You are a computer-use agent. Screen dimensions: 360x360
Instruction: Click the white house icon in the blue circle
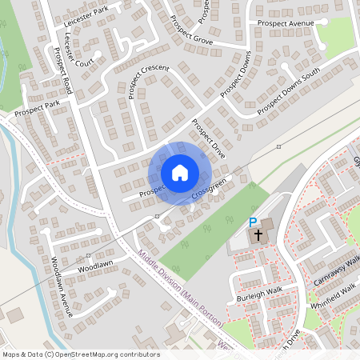[179, 173]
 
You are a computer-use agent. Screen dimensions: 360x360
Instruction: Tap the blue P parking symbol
[253, 222]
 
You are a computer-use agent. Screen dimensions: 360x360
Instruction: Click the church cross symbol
[258, 236]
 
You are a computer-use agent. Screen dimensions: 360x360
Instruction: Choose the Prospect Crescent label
[148, 81]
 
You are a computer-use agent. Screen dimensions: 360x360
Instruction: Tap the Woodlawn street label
[95, 265]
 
